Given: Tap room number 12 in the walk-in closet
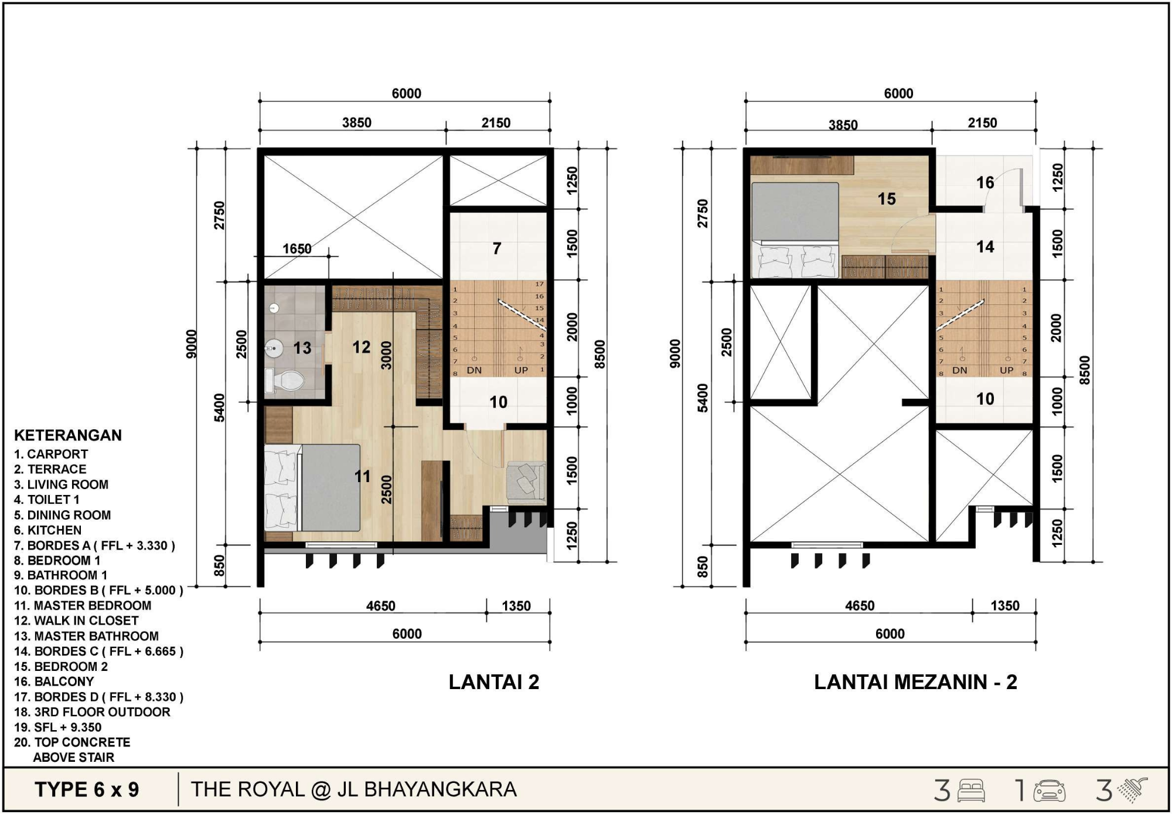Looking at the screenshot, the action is (x=361, y=347).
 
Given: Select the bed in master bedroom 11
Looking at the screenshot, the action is (x=312, y=488).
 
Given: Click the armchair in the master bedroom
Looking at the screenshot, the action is (x=526, y=481).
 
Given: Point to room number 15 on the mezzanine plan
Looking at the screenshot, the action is (x=887, y=199).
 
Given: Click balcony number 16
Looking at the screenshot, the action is (x=985, y=183).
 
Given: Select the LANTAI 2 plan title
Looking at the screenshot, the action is (x=494, y=682).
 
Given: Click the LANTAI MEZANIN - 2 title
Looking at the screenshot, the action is (x=915, y=682).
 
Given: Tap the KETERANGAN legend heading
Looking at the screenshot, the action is (x=68, y=435).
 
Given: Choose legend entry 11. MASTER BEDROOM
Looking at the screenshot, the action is (x=83, y=605).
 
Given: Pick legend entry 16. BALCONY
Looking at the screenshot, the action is (x=54, y=681).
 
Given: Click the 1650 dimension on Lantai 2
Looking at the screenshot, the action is (x=297, y=249).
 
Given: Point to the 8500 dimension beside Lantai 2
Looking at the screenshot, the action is (x=599, y=354).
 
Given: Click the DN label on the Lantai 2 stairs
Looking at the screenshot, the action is (x=474, y=371).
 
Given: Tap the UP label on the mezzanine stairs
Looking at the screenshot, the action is (x=1007, y=371).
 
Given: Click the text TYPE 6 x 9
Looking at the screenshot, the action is (x=87, y=790).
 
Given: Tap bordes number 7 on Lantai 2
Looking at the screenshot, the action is (x=497, y=249).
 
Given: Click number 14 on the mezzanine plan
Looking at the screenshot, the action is (x=985, y=247).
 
